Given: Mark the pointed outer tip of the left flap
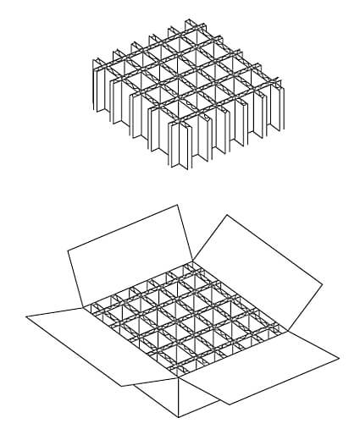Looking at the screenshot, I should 26,316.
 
